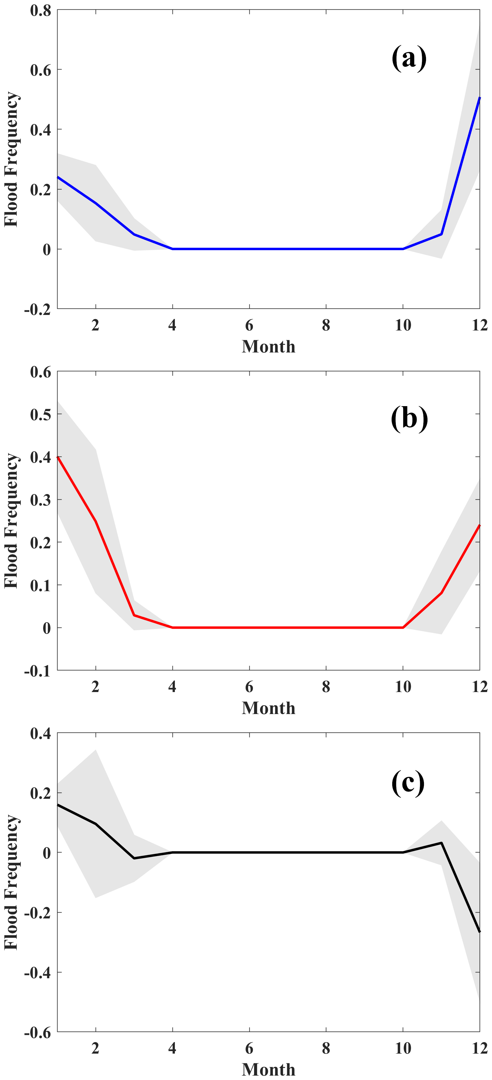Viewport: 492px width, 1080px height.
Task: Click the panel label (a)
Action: coord(409,58)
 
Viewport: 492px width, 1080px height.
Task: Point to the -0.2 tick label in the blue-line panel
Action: coord(38,309)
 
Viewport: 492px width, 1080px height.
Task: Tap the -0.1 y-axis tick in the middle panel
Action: coord(38,671)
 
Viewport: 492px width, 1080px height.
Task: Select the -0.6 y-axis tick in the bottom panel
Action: coord(38,1032)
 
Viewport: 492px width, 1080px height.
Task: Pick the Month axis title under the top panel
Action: coord(268,347)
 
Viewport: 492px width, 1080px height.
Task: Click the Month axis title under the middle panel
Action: coord(268,708)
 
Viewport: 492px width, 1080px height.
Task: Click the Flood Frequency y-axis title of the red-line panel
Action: coord(11,521)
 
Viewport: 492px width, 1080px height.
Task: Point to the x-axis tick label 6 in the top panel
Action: coord(249,325)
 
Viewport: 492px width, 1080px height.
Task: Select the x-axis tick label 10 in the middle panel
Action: coord(403,687)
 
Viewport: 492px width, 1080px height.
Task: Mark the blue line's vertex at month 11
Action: coord(441,234)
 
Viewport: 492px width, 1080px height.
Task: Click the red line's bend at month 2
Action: coord(96,522)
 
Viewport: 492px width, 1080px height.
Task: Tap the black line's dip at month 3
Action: coord(134,858)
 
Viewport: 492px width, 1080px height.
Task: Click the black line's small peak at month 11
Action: coord(441,843)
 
